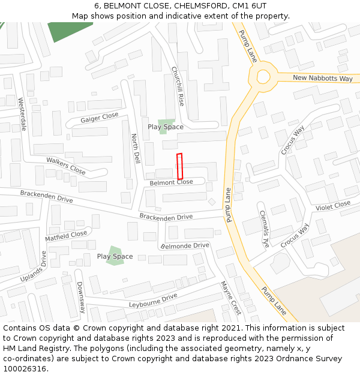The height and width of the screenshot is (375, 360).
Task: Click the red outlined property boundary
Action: pyautogui.click(x=179, y=166)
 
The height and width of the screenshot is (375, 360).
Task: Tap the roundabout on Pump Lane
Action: pyautogui.click(x=263, y=77)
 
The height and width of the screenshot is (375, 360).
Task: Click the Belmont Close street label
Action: pyautogui.click(x=171, y=182)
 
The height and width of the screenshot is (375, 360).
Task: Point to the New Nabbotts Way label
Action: pyautogui.click(x=322, y=79)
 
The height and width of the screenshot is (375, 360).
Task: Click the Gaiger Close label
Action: pyautogui.click(x=100, y=117)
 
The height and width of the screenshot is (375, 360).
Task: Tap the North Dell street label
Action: pyautogui.click(x=136, y=149)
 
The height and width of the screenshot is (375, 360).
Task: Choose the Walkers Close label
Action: pyautogui.click(x=66, y=166)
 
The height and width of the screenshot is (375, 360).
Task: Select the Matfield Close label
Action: pyautogui.click(x=66, y=235)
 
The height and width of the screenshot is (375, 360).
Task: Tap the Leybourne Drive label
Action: pyautogui.click(x=153, y=300)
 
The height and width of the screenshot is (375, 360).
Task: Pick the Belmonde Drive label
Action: pyautogui.click(x=186, y=245)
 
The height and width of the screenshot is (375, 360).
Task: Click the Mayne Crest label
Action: pyautogui.click(x=230, y=298)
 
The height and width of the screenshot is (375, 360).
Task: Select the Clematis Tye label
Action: pyautogui.click(x=265, y=229)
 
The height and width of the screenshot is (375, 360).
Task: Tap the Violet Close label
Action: pyautogui.click(x=333, y=206)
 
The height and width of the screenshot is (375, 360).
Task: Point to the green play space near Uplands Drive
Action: pyautogui.click(x=113, y=256)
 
